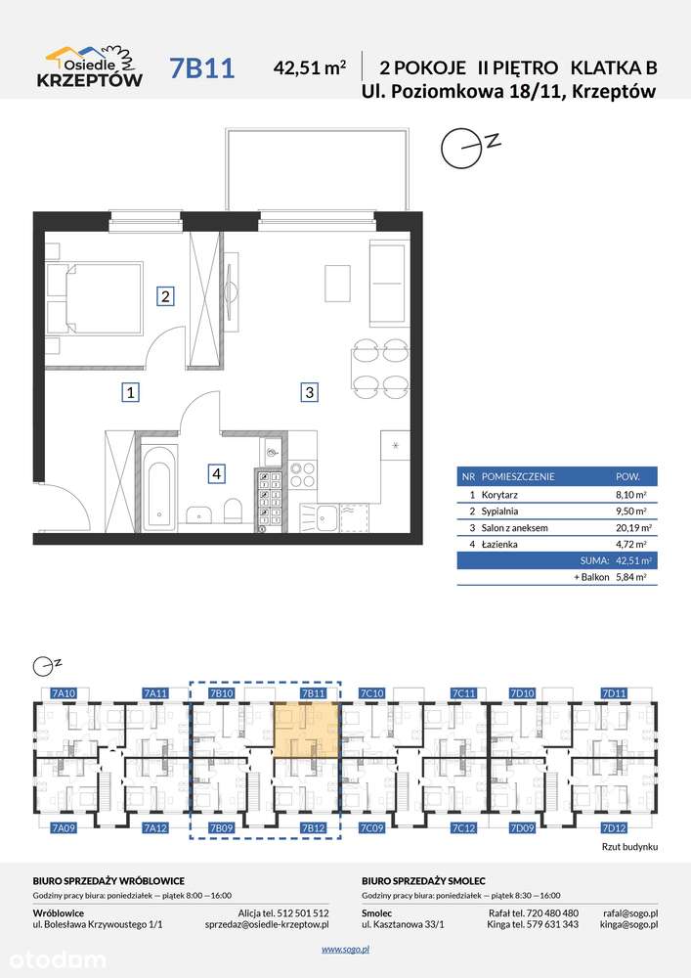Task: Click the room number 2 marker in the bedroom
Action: pyautogui.click(x=165, y=295)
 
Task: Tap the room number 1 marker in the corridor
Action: pyautogui.click(x=130, y=392)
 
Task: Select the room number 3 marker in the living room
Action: pyautogui.click(x=309, y=392)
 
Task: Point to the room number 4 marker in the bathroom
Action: pyautogui.click(x=216, y=474)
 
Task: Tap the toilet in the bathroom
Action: pyautogui.click(x=233, y=511)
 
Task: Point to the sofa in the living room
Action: pyautogui.click(x=389, y=284)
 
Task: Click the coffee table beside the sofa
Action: pyautogui.click(x=337, y=284)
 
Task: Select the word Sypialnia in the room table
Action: pyautogui.click(x=499, y=511)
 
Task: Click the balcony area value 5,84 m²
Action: pyautogui.click(x=630, y=578)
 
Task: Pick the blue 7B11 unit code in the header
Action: pyautogui.click(x=202, y=68)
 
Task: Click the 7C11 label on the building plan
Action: pyautogui.click(x=464, y=693)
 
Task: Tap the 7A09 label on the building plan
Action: pyautogui.click(x=64, y=828)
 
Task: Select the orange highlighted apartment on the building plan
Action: pyautogui.click(x=307, y=731)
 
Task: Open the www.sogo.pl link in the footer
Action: pyautogui.click(x=346, y=950)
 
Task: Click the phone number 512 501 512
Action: pyautogui.click(x=303, y=913)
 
